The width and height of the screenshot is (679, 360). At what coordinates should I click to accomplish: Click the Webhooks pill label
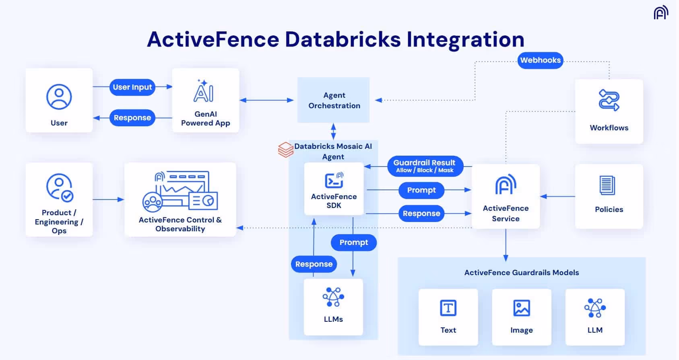pos(540,60)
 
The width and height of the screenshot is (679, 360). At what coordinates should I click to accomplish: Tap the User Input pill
pos(132,87)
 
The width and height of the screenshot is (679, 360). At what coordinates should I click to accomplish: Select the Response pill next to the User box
pos(132,118)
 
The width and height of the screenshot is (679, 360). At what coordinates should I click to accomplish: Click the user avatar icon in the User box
pos(59,97)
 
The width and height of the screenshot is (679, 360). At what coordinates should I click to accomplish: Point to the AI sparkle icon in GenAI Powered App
pos(204,91)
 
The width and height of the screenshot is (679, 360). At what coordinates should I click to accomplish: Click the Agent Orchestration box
pos(333,100)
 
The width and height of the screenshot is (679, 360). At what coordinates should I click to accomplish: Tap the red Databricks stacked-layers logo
pos(285,150)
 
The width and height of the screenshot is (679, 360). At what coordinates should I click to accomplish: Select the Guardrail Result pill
pos(425,166)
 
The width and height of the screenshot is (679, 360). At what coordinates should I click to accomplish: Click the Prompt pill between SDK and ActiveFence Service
pos(421,190)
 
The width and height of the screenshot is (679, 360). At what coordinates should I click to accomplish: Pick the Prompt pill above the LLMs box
pos(353,243)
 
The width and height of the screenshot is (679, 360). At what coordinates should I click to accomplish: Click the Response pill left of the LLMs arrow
pos(314,264)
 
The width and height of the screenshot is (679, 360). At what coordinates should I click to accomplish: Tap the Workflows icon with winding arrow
pos(609,100)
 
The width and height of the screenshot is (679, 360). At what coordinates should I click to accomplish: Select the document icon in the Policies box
pos(607,185)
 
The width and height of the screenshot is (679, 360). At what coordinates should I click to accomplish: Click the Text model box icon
pos(448,309)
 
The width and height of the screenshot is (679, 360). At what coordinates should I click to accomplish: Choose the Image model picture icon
pos(522,309)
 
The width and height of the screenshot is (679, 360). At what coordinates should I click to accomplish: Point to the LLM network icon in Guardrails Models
pos(595,308)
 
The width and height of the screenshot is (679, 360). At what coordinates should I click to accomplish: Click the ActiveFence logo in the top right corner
pos(660,13)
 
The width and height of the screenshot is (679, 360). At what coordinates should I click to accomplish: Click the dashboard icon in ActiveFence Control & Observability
pos(180,191)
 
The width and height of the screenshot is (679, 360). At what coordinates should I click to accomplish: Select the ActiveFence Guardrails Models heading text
pos(521,273)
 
